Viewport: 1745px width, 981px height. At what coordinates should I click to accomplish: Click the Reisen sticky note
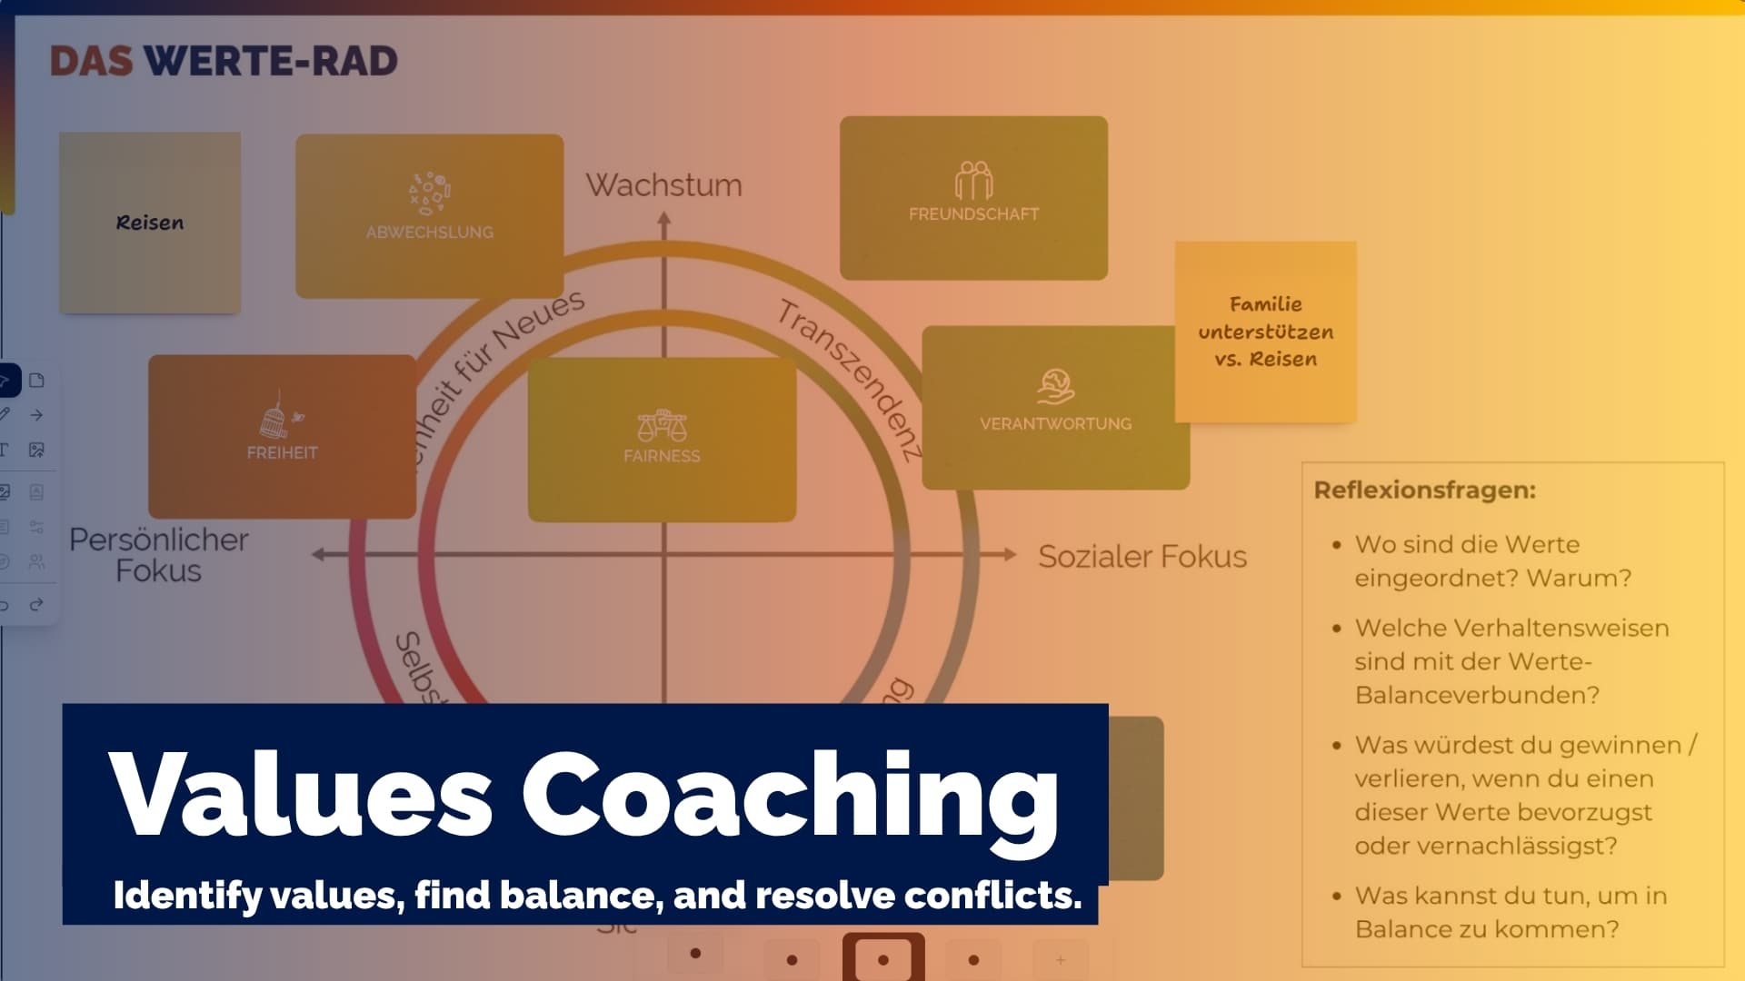coord(150,223)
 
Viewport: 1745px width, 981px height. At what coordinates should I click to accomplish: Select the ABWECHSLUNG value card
coord(429,216)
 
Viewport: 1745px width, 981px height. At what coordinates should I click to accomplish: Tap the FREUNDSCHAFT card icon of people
coord(973,181)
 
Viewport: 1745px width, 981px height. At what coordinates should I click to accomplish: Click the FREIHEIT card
coord(282,437)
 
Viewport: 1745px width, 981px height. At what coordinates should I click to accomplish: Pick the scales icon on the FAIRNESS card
coord(662,425)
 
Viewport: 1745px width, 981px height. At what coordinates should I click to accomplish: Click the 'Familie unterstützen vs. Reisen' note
coord(1265,332)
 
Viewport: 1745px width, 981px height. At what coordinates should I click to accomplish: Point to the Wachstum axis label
coord(663,185)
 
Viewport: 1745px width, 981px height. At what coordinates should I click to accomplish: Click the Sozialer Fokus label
coord(1142,556)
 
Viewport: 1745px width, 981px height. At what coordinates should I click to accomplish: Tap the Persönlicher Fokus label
coord(159,555)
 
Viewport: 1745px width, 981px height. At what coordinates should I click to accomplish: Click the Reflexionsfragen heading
coord(1424,490)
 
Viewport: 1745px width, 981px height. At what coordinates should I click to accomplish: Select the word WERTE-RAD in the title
coord(271,61)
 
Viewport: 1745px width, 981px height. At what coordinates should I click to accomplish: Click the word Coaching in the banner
coord(789,796)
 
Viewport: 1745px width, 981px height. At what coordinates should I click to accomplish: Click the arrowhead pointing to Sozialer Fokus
coord(1009,554)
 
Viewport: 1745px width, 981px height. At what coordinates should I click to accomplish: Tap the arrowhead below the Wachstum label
coord(664,219)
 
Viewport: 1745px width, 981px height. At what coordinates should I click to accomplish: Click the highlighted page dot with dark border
coord(883,959)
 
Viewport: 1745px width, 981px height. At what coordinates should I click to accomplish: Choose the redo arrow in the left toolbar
coord(36,605)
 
